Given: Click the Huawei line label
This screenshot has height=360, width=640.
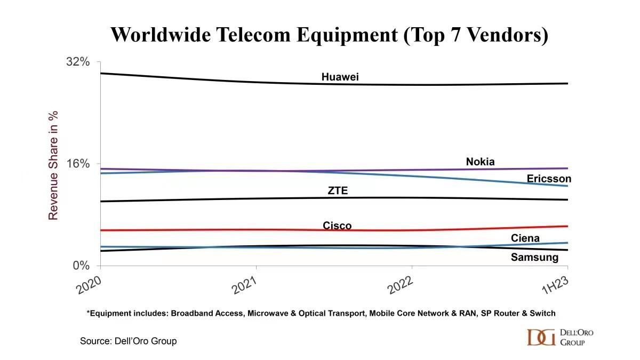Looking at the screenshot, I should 340,77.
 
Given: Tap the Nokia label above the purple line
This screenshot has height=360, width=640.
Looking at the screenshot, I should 480,162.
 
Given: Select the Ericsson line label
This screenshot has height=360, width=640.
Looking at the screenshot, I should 549,179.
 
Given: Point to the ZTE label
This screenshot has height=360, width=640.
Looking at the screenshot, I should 338,191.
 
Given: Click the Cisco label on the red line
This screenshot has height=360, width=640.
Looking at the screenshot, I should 337,226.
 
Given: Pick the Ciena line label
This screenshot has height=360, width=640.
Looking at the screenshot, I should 525,238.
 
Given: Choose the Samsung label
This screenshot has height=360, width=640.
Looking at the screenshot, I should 534,258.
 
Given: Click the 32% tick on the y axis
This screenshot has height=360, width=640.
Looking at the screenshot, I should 77,62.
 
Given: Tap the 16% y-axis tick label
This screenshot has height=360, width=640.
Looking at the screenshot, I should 77,164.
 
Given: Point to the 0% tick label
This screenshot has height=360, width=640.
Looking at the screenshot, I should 81,266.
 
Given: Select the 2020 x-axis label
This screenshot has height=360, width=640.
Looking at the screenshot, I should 88,286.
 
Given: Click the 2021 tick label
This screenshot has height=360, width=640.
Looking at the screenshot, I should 243,286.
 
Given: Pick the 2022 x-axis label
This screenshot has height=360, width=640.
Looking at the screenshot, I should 399,286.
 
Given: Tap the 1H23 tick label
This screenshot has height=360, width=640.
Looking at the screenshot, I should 555,286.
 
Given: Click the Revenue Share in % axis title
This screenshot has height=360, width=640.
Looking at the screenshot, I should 53,165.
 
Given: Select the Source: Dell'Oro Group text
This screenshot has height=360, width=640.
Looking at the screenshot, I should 128,341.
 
